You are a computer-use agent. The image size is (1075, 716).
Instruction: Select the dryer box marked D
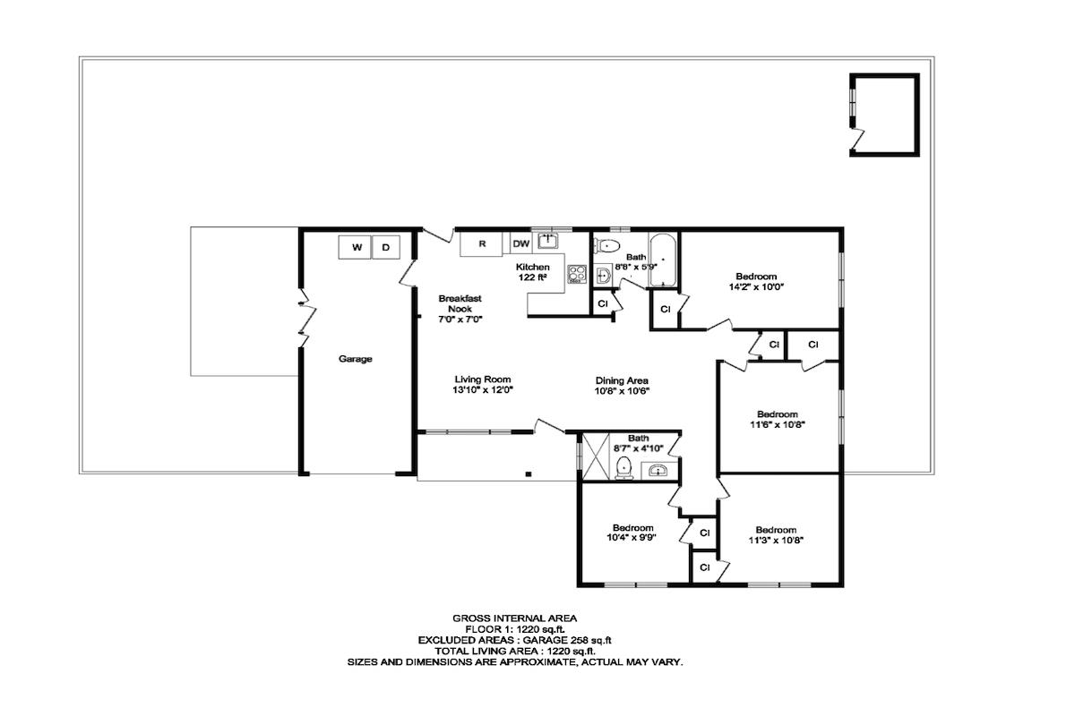pos(387,247)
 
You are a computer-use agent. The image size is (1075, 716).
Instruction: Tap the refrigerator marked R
pos(482,243)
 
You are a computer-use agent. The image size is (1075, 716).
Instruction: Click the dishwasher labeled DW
pos(521,243)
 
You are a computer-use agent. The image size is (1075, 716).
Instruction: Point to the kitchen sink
pos(548,241)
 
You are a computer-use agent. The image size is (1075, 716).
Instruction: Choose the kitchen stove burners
pos(577,276)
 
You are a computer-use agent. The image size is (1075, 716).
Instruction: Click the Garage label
pos(355,359)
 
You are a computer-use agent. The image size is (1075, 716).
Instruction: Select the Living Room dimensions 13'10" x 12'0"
pos(483,390)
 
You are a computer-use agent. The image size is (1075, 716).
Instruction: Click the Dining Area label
pos(622,380)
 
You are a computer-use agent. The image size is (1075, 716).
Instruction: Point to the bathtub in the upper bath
pos(662,260)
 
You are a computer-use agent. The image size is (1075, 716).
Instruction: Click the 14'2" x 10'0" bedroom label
pos(756,282)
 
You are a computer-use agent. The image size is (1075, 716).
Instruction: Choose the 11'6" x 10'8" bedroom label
pos(777,420)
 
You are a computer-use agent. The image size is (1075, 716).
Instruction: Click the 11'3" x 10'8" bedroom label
pos(776,534)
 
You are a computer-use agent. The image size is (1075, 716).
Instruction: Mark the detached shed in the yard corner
pos(885,115)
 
